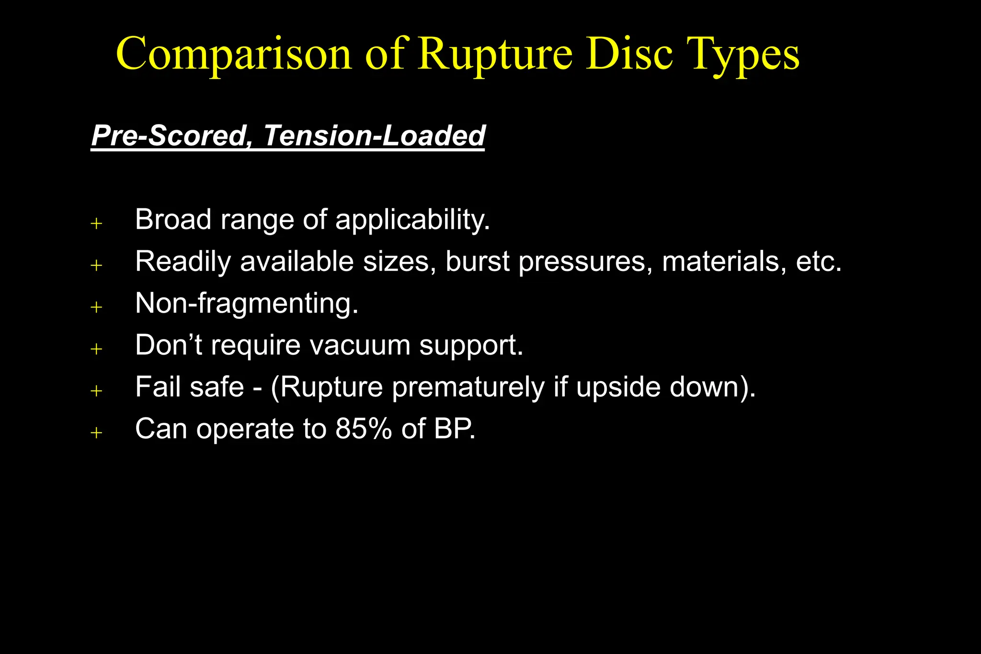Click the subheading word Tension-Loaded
pos(374,136)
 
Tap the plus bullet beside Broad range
pos(97,223)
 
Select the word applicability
pos(412,220)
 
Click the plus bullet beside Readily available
pos(97,265)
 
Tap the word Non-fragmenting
pos(247,304)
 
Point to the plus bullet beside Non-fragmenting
pos(97,307)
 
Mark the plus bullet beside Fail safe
pos(97,391)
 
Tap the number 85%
pos(364,428)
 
